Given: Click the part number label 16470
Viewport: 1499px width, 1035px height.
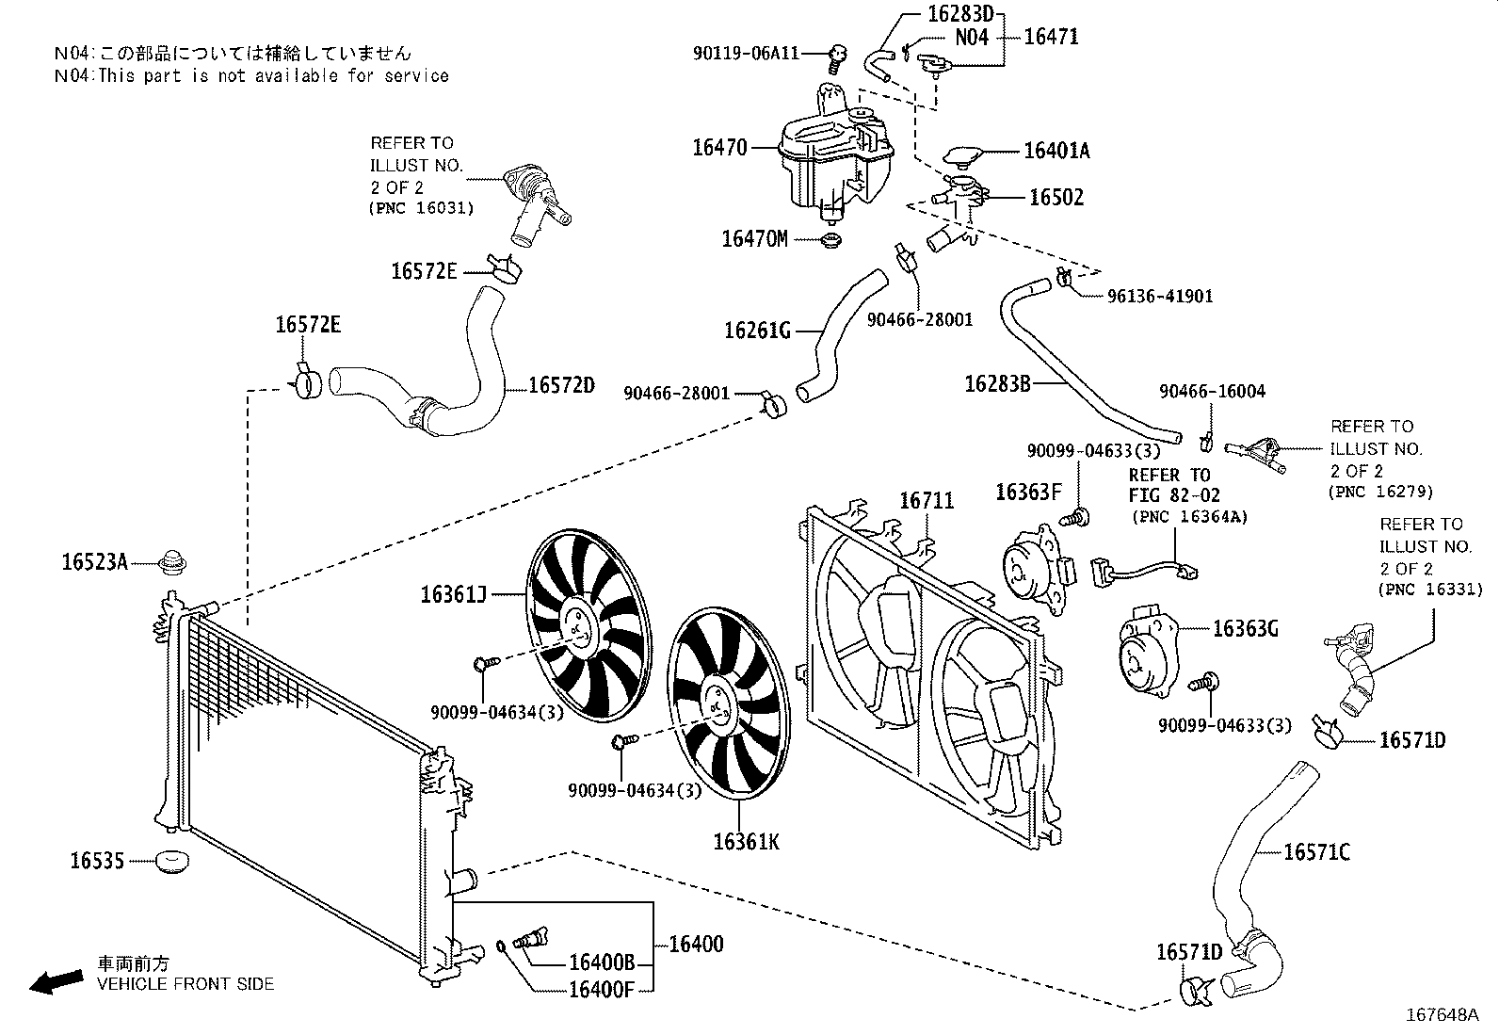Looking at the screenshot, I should point(719,148).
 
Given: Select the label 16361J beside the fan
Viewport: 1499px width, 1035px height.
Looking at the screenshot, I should point(453,594).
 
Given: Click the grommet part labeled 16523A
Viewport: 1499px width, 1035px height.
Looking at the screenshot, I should point(171,562).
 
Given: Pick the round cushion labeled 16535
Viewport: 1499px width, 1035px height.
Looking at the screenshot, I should point(171,860).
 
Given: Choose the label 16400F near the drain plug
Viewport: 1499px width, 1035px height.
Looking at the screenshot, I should point(602,989).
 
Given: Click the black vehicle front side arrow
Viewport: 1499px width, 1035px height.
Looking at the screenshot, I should point(55,981).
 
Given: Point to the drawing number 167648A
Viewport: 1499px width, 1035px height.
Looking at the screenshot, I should point(1442,1015).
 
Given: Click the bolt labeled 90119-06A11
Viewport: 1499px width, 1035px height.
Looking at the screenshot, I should point(834,59).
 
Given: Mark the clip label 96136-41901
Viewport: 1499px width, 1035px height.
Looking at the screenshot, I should point(1160,296).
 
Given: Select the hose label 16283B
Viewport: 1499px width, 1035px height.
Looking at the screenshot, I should point(998,384).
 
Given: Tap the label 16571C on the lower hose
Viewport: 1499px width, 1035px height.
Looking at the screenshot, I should point(1316,852).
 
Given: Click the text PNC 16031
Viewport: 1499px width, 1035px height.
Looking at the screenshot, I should point(421,208).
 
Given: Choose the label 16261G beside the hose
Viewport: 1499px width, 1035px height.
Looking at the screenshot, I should point(756,331).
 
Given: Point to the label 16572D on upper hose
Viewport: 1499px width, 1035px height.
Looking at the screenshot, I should point(561,385).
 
